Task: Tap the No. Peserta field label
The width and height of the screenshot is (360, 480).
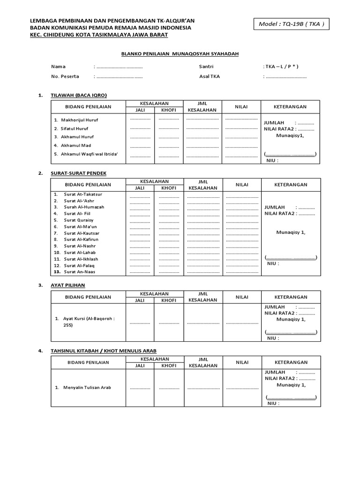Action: (x=65, y=76)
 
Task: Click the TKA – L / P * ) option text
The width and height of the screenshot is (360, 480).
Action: (x=281, y=67)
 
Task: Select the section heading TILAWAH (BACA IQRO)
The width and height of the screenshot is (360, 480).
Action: (x=79, y=95)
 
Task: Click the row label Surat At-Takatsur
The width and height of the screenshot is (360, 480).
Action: (x=83, y=194)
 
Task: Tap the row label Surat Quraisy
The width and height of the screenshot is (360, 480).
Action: (x=79, y=220)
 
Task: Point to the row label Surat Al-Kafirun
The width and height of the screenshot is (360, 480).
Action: (x=82, y=240)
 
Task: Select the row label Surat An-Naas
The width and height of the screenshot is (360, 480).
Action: (x=81, y=272)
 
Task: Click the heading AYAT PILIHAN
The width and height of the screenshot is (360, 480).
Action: (x=68, y=285)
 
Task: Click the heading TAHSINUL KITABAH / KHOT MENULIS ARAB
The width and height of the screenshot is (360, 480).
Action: (x=104, y=350)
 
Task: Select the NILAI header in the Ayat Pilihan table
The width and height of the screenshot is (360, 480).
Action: (x=242, y=297)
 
